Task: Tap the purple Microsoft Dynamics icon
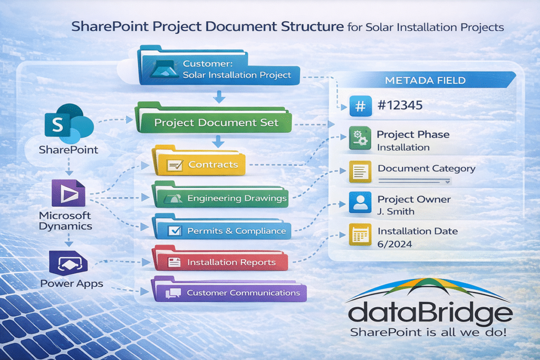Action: [67, 193]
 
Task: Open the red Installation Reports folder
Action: [220, 261]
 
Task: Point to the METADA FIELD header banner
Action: [425, 80]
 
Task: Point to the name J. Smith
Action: [396, 211]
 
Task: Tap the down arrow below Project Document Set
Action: [217, 141]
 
